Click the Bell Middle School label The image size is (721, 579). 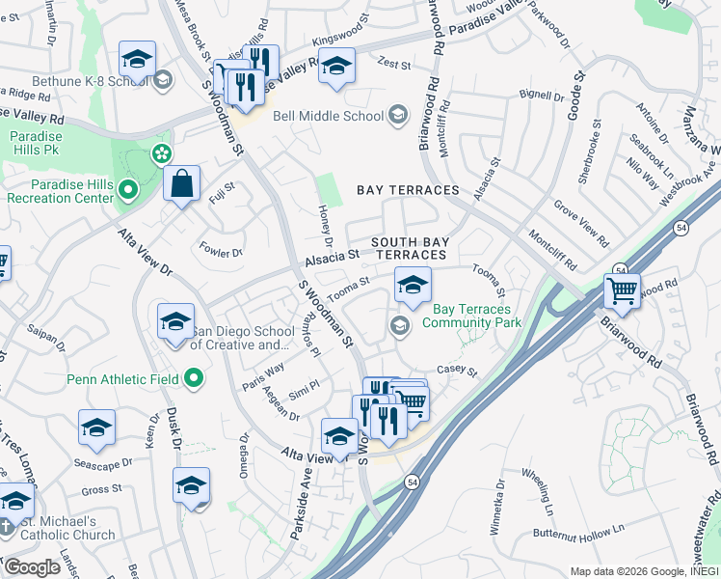click(329, 117)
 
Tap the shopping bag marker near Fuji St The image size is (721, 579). click(181, 183)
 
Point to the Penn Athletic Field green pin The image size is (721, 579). click(194, 379)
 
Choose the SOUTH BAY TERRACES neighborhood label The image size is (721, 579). click(410, 248)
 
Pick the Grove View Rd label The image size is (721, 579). click(581, 223)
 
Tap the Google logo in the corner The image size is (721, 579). click(32, 567)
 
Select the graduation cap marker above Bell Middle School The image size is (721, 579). click(336, 68)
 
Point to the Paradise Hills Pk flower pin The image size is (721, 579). click(161, 153)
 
